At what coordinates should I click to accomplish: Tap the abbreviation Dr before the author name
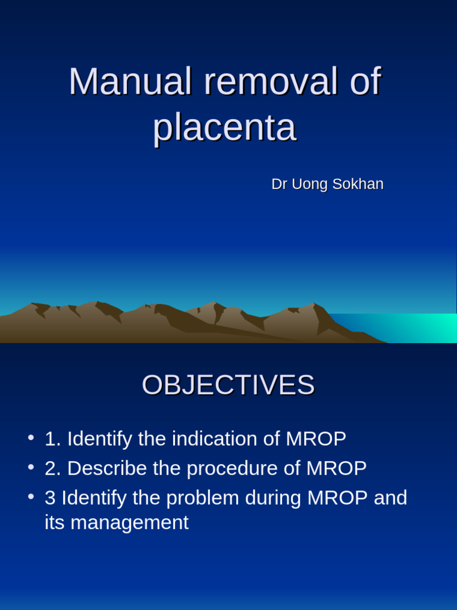pyautogui.click(x=279, y=185)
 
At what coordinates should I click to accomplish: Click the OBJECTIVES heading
pyautogui.click(x=228, y=385)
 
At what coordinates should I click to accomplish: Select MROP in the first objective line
pyautogui.click(x=316, y=439)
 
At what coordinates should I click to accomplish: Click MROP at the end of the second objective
pyautogui.click(x=337, y=469)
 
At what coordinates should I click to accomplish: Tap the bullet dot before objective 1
pyautogui.click(x=30, y=438)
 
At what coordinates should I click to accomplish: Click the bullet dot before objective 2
pyautogui.click(x=30, y=468)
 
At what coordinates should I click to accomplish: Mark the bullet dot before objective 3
pyautogui.click(x=30, y=497)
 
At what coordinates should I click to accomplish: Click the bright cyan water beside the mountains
pyautogui.click(x=417, y=328)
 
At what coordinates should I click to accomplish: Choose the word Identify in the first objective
pyautogui.click(x=99, y=439)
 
